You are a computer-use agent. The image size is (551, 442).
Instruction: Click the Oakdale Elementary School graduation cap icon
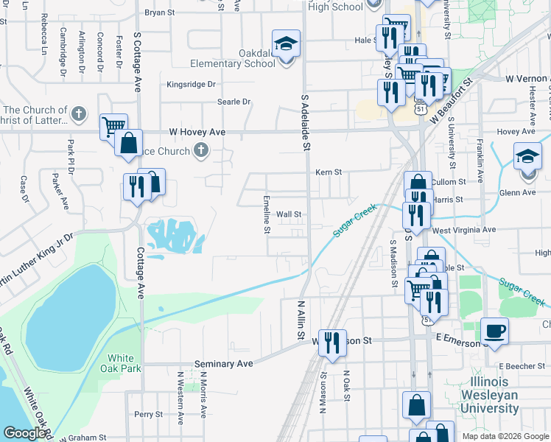click(286, 43)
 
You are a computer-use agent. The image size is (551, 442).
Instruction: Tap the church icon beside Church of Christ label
click(80, 114)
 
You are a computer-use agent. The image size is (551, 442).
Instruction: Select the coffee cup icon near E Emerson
click(494, 330)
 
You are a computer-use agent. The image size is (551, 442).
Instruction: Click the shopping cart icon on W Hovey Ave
click(113, 126)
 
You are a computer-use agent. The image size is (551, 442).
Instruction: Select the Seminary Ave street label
click(223, 364)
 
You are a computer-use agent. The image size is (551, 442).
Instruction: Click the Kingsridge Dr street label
click(191, 85)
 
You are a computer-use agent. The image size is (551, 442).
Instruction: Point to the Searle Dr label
click(234, 102)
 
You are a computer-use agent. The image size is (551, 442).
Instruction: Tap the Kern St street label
click(329, 172)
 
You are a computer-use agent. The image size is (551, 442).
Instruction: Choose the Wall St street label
click(289, 214)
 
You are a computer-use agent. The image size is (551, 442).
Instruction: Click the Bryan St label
click(160, 13)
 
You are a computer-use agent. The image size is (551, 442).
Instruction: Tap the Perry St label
click(148, 415)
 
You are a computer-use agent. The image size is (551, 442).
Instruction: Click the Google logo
click(24, 433)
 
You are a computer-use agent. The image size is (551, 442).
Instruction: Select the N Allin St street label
click(301, 318)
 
